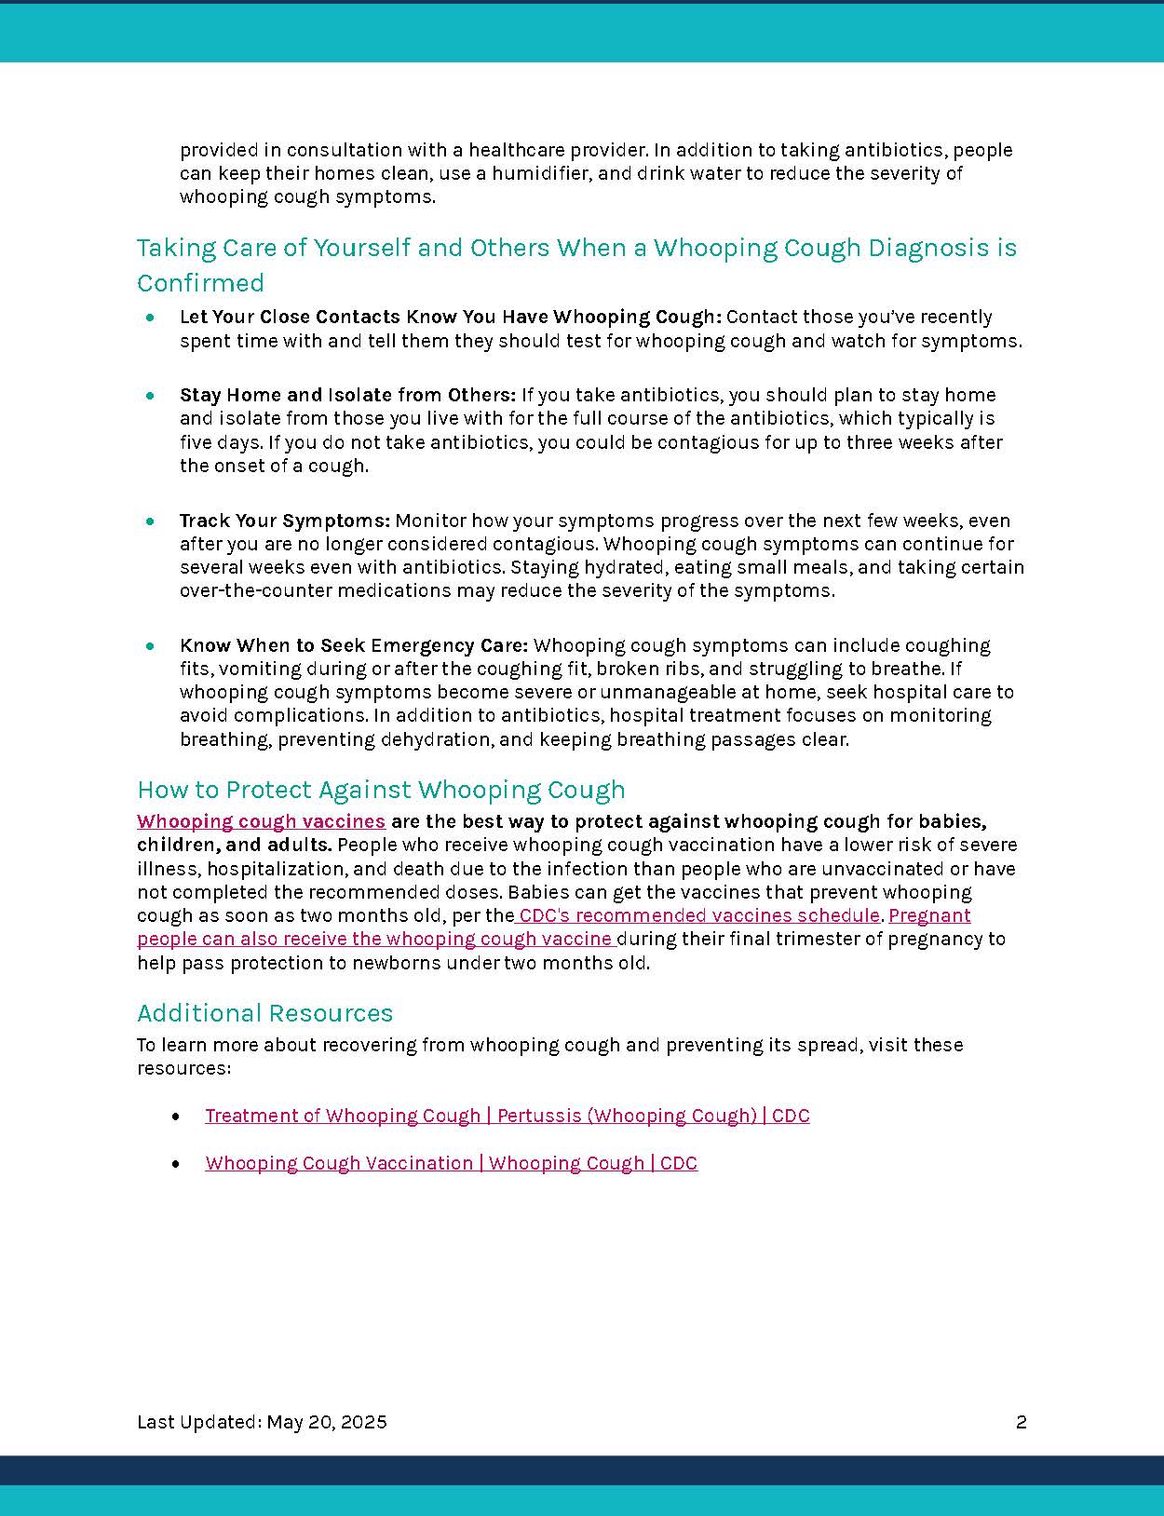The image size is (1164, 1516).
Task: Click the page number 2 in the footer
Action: (1021, 1422)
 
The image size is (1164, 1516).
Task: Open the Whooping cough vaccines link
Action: (261, 821)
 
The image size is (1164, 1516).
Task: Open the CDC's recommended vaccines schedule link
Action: (698, 915)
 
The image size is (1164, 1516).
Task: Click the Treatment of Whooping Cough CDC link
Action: (507, 1116)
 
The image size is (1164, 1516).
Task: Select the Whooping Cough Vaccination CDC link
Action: (451, 1163)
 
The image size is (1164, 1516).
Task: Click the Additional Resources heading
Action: (264, 1013)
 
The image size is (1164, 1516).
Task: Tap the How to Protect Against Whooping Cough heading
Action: (381, 790)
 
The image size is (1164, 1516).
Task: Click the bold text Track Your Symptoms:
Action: (284, 521)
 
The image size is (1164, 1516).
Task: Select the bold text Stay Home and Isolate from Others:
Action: (347, 395)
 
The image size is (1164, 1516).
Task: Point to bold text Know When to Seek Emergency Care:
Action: (354, 645)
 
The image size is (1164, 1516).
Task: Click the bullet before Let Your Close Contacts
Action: (151, 318)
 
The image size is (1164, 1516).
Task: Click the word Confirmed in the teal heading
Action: (200, 283)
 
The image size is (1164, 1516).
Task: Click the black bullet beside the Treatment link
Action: (176, 1116)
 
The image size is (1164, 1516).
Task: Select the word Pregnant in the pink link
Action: (929, 915)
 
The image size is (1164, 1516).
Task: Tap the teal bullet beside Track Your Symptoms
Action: (151, 521)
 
